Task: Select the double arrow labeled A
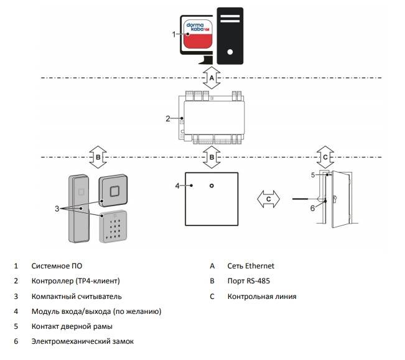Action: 212,78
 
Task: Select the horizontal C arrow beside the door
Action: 269,199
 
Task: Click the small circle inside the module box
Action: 212,186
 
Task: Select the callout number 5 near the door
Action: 314,175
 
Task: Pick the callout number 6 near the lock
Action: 313,208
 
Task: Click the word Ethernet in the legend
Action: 258,265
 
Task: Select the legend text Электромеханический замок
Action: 82,341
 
